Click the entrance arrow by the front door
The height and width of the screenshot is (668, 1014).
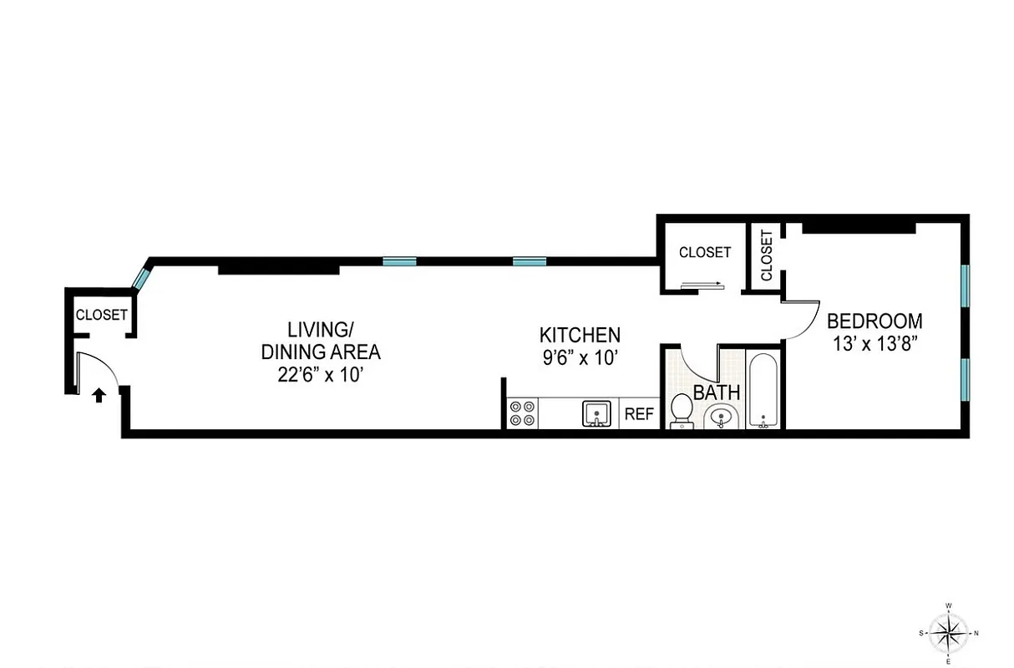[99, 395]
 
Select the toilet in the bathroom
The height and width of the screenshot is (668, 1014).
[682, 412]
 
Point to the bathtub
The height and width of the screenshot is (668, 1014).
[763, 392]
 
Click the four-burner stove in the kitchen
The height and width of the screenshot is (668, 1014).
[523, 414]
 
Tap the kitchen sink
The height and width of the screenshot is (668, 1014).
[596, 413]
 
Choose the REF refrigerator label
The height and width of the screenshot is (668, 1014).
[640, 414]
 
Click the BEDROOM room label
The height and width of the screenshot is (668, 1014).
[875, 321]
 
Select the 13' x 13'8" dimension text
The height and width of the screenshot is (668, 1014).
[875, 342]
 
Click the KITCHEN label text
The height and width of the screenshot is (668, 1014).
[580, 336]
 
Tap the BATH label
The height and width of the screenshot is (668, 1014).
[717, 392]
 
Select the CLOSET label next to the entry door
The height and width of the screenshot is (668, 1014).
[101, 315]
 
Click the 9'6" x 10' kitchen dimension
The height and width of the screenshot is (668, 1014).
[580, 357]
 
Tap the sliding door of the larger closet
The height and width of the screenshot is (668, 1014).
[702, 286]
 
